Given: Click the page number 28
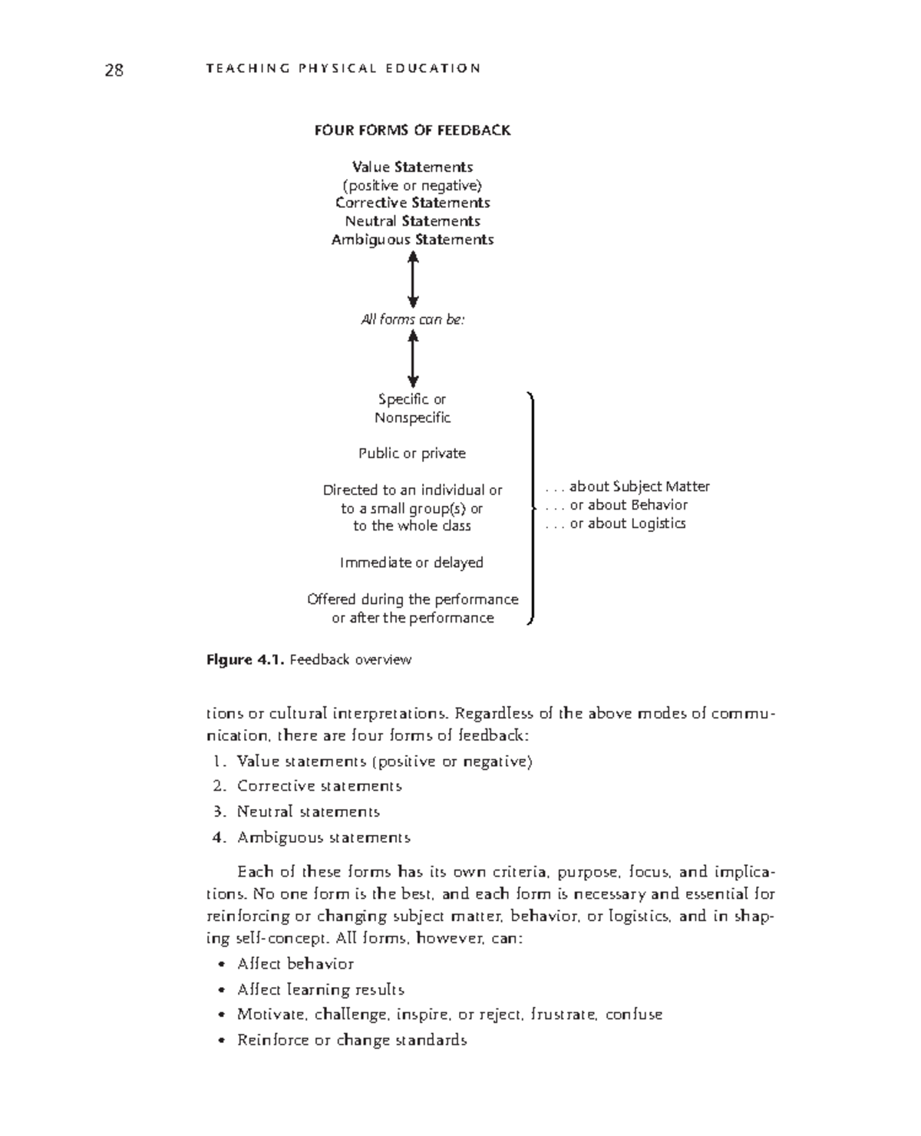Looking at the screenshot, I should pos(114,71).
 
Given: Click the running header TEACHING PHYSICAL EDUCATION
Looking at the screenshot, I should pos(343,68).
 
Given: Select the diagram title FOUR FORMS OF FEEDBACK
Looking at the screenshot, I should pos(412,130).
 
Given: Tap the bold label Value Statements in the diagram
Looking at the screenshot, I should pos(412,167).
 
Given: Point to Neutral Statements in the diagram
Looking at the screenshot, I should pos(412,221).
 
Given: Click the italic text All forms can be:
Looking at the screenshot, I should pos(412,319).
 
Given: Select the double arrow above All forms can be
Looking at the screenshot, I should pos(413,280).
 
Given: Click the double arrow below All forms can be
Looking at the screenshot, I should pos(413,358).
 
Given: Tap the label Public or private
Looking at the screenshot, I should pos(412,454).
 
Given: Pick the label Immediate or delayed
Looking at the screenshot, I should pos(411,563).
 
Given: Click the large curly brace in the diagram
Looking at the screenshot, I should pos(532,507).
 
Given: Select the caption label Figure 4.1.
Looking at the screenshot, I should pos(246,660).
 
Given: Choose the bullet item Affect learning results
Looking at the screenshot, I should pos(320,989).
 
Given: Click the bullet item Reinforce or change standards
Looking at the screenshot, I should pos(352,1040).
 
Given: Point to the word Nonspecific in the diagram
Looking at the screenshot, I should pos(412,418).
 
